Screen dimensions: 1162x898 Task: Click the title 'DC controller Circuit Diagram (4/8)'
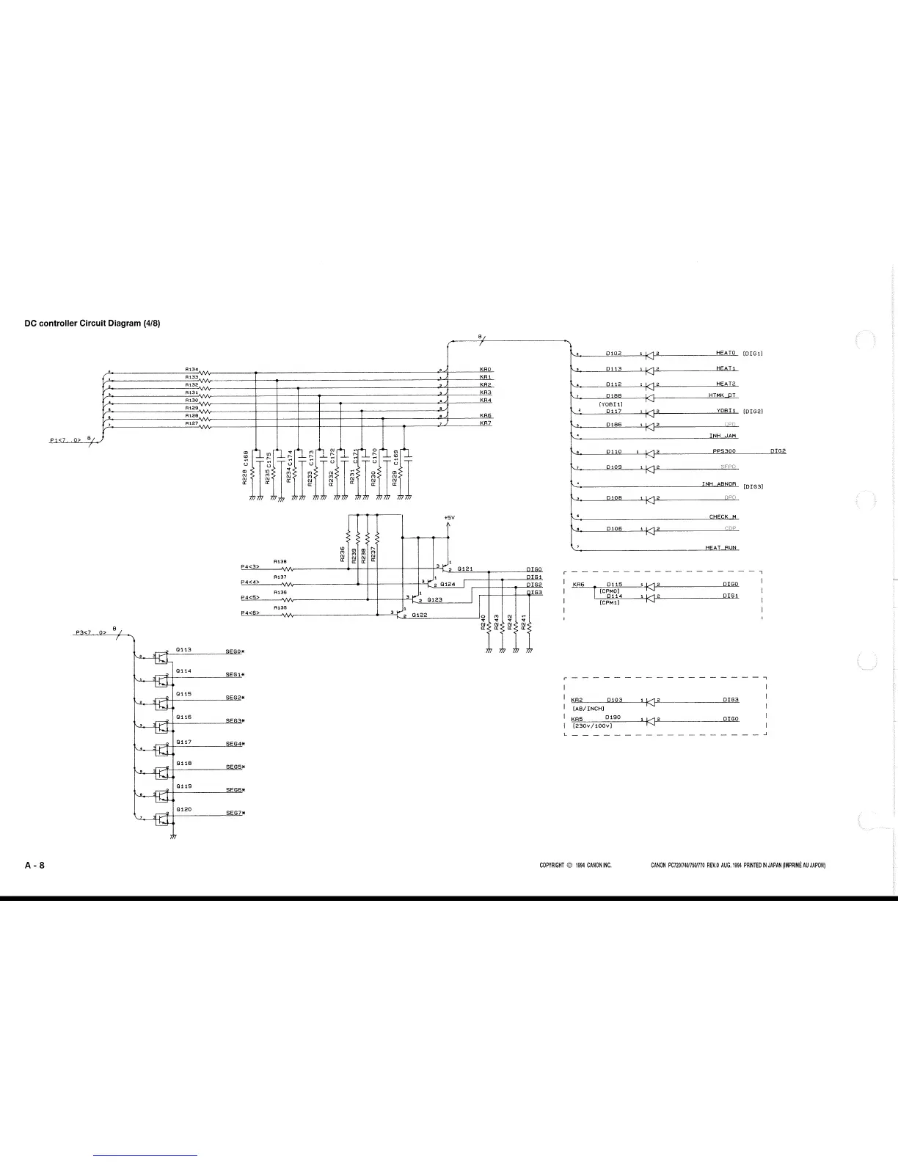[92, 324]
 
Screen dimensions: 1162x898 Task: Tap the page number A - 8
[35, 865]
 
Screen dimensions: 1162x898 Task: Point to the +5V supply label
[450, 517]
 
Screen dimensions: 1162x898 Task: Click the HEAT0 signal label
[726, 353]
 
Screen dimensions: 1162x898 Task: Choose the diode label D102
[614, 353]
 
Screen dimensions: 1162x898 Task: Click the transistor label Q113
[183, 649]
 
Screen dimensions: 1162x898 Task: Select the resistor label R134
[191, 369]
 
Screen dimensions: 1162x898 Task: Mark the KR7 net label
[486, 423]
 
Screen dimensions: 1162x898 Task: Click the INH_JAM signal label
[722, 436]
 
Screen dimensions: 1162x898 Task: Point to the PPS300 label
[724, 451]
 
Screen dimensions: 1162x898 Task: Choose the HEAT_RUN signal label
[721, 547]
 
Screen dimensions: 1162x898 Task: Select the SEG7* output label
[235, 812]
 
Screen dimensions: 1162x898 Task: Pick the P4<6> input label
[251, 613]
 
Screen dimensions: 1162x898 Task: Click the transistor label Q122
[420, 615]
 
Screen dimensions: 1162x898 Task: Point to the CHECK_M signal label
[723, 516]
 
